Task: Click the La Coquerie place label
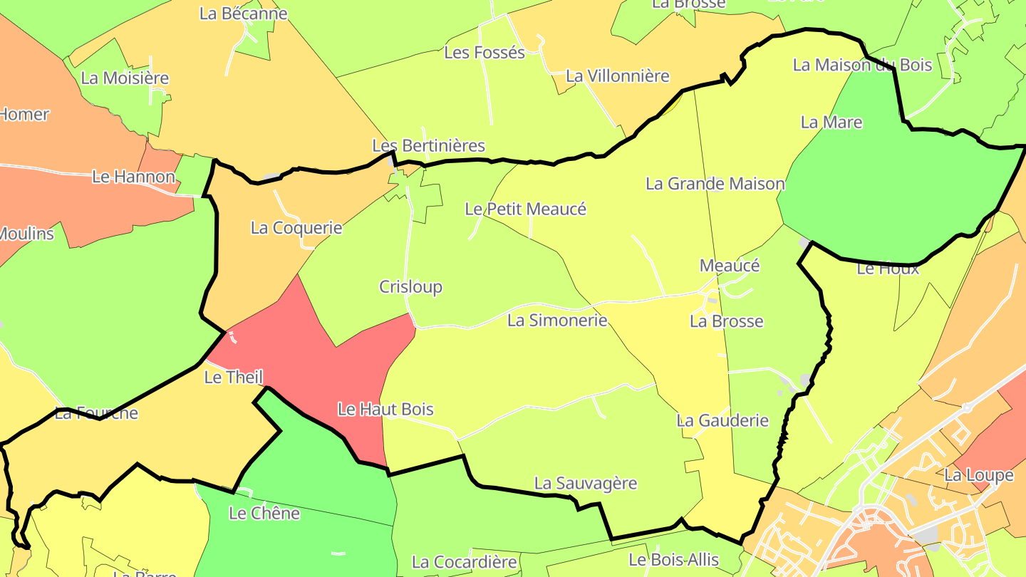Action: point(296,228)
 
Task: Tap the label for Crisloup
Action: point(410,287)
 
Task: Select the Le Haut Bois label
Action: point(385,410)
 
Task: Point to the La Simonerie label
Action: point(557,321)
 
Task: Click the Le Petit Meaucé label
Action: point(525,209)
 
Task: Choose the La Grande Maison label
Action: point(715,184)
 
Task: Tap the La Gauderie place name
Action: point(722,420)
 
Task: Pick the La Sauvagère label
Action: point(586,483)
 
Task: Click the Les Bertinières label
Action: point(428,146)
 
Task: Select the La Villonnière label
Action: point(618,76)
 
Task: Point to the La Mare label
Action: point(831,122)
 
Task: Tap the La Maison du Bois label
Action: point(862,65)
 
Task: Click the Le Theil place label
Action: point(234,377)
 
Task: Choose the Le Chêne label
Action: point(264,513)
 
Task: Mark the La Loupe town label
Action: point(979,475)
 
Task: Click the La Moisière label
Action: point(125,78)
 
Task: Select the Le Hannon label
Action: point(133,177)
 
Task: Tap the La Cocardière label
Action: point(464,562)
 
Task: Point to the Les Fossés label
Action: point(484,52)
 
